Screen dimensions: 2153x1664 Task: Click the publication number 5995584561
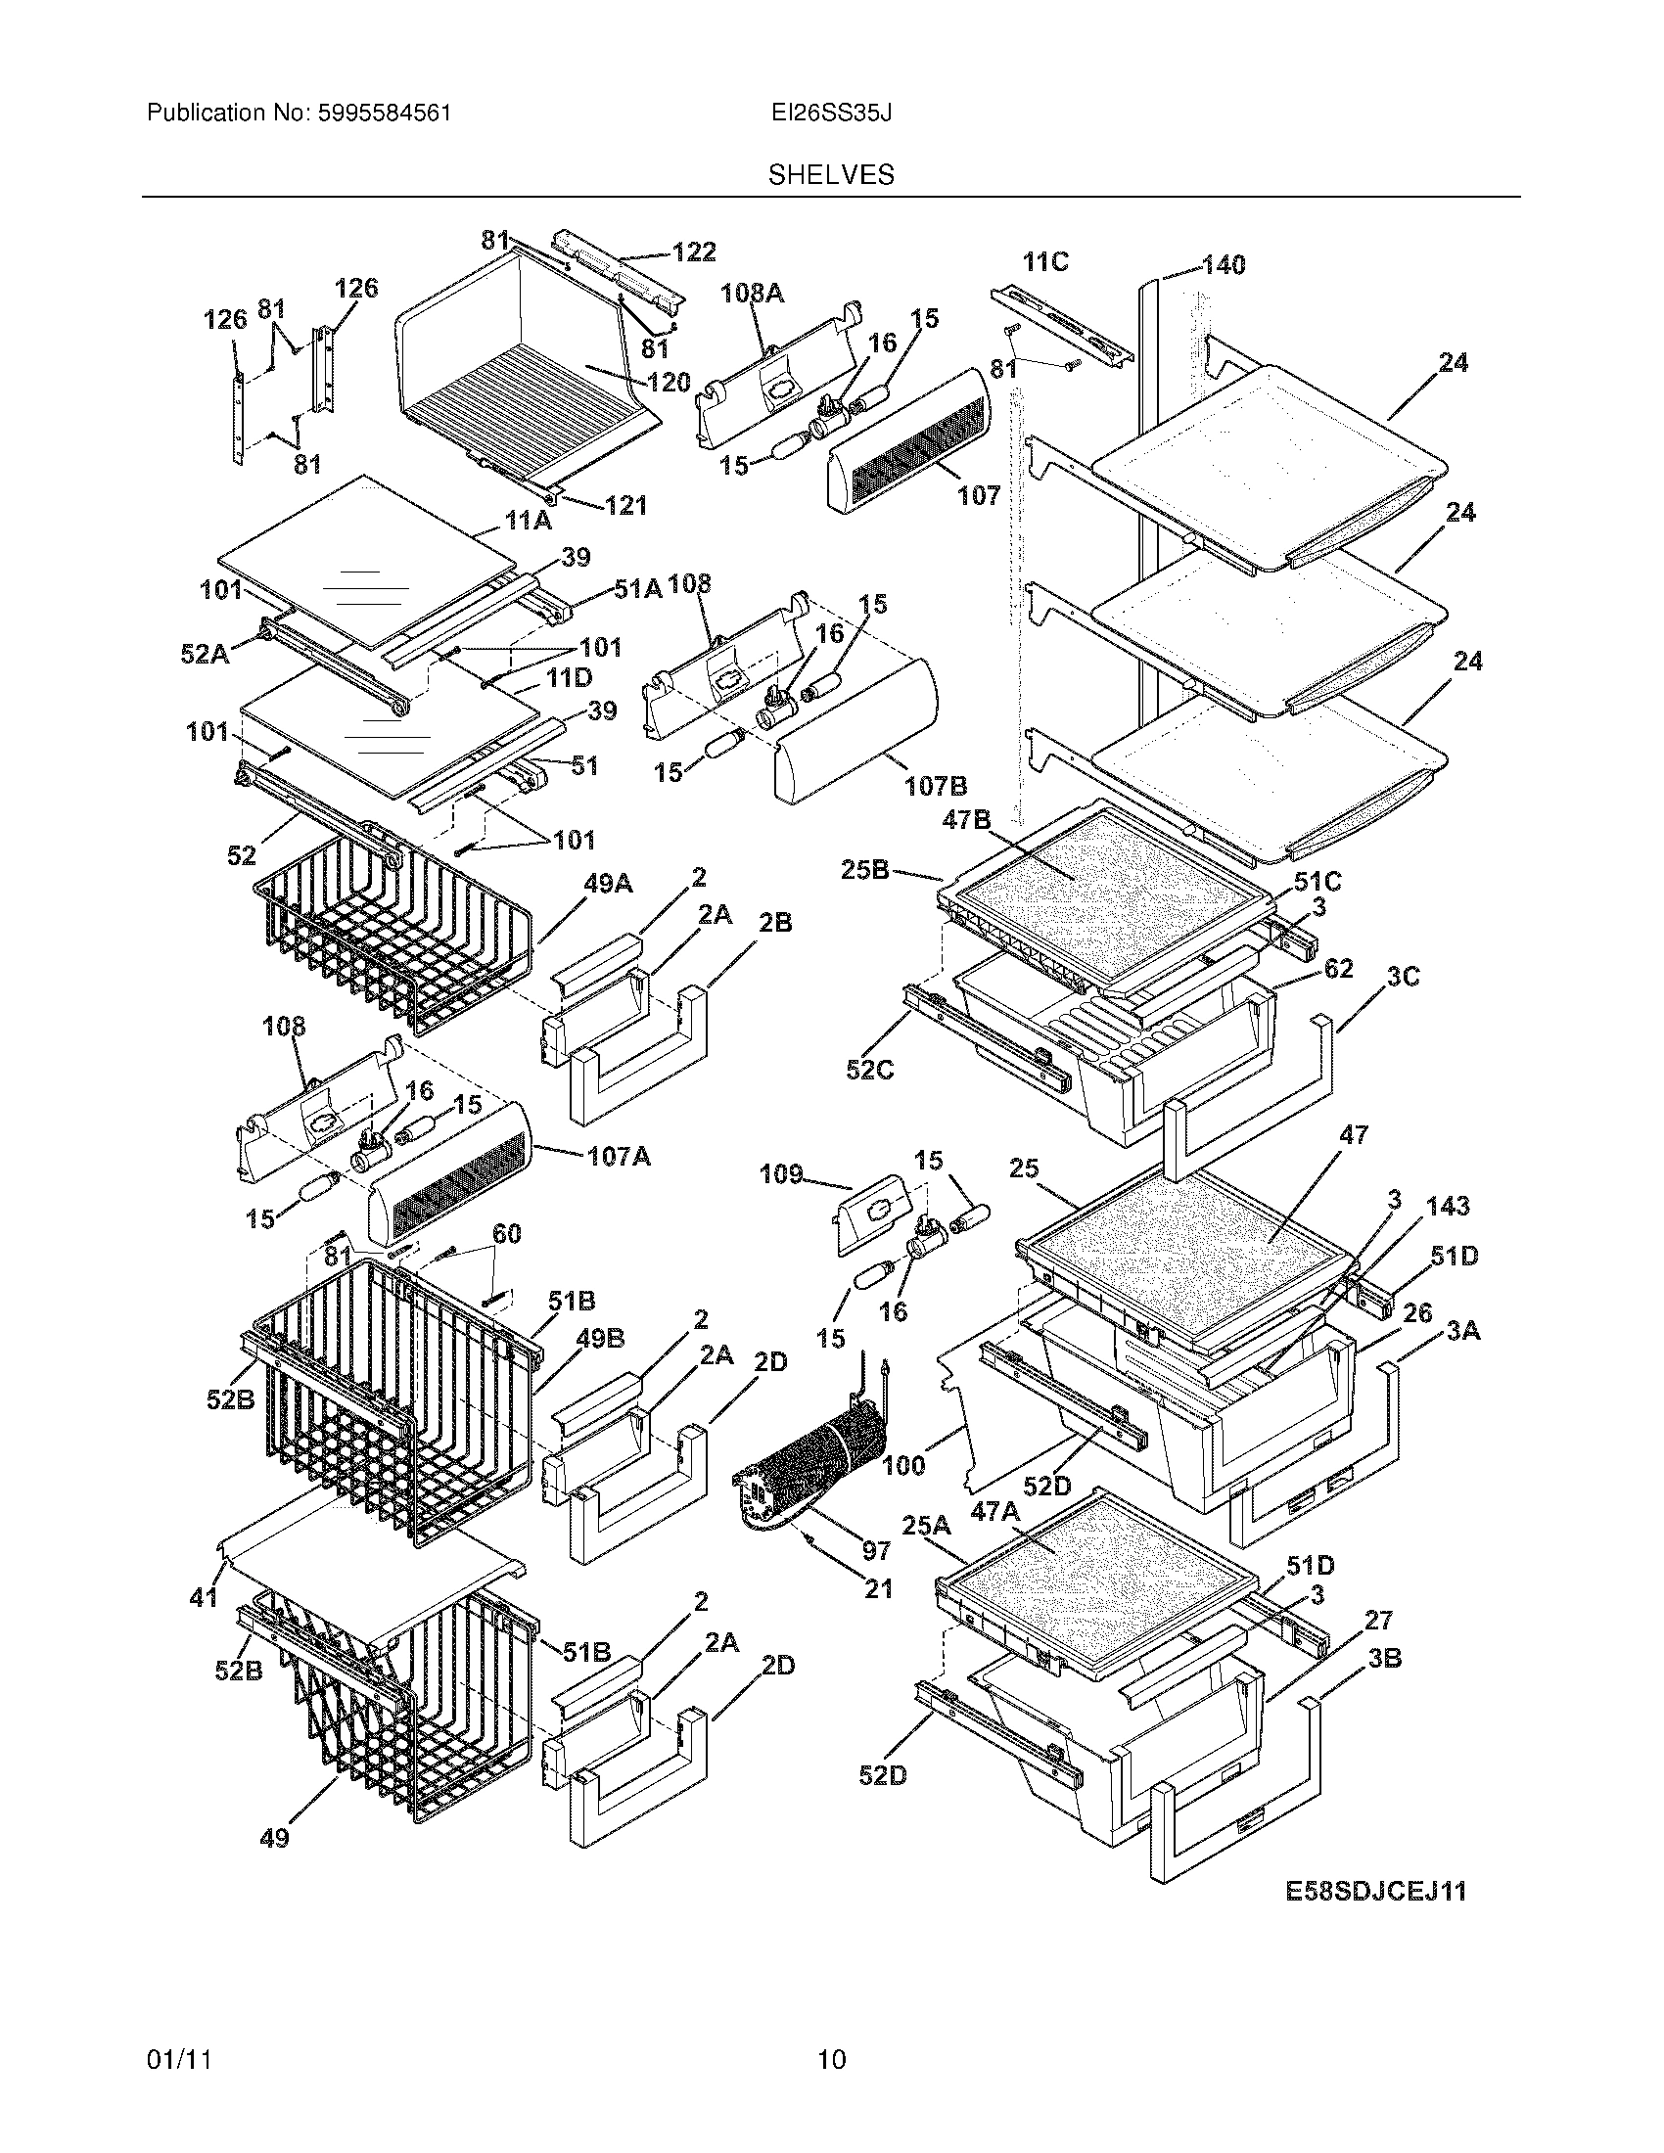coord(385,114)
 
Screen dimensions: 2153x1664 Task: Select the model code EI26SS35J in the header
coord(831,114)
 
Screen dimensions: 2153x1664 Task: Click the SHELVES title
coord(831,175)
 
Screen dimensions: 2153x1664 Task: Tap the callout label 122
coord(694,252)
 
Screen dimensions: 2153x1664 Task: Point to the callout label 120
coord(669,383)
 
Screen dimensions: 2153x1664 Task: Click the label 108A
coord(752,293)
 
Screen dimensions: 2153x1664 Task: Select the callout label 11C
coord(1046,262)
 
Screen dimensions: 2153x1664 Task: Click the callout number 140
coord(1224,264)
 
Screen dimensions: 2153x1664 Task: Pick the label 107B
coord(936,786)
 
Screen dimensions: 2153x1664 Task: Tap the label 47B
coord(966,819)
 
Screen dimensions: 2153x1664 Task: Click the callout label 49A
coord(608,884)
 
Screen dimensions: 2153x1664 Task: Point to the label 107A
coord(618,1156)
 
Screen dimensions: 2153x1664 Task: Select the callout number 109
coord(781,1174)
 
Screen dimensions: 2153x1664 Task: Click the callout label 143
coord(1447,1206)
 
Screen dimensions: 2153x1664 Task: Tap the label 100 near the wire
coord(904,1465)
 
